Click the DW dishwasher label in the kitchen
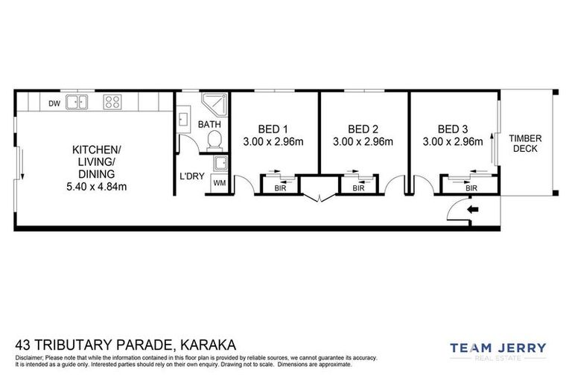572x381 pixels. (x=54, y=103)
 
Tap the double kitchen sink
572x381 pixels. (x=77, y=103)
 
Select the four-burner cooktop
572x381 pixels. (x=112, y=103)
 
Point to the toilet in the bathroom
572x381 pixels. (x=214, y=139)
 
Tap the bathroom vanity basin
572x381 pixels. (x=183, y=119)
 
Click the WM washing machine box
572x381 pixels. (x=219, y=182)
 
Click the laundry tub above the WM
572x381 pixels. (x=219, y=164)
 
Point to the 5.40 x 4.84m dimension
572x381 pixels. (x=96, y=187)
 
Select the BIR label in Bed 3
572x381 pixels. (x=471, y=189)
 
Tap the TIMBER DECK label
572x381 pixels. (x=525, y=144)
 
